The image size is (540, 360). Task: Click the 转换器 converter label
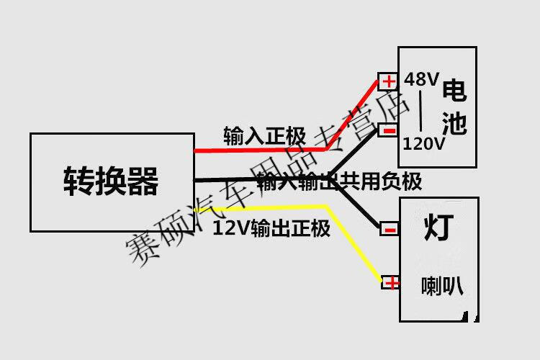coord(112,181)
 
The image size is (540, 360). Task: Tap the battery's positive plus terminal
coord(389,81)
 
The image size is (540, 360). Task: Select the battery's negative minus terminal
coord(389,130)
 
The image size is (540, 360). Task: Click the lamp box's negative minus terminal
coord(390,230)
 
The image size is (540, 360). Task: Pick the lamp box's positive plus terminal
coord(391,282)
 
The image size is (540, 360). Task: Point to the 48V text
coord(421,79)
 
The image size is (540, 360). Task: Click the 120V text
coord(424,143)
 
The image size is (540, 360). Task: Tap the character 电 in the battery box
coord(454,91)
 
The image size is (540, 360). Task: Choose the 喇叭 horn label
coord(441,286)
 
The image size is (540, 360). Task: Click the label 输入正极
coord(265,135)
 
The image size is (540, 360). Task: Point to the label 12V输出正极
coord(272,230)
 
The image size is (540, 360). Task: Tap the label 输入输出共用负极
coord(338,181)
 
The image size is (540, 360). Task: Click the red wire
coord(259,150)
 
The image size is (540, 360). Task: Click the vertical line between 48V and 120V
coord(421,112)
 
